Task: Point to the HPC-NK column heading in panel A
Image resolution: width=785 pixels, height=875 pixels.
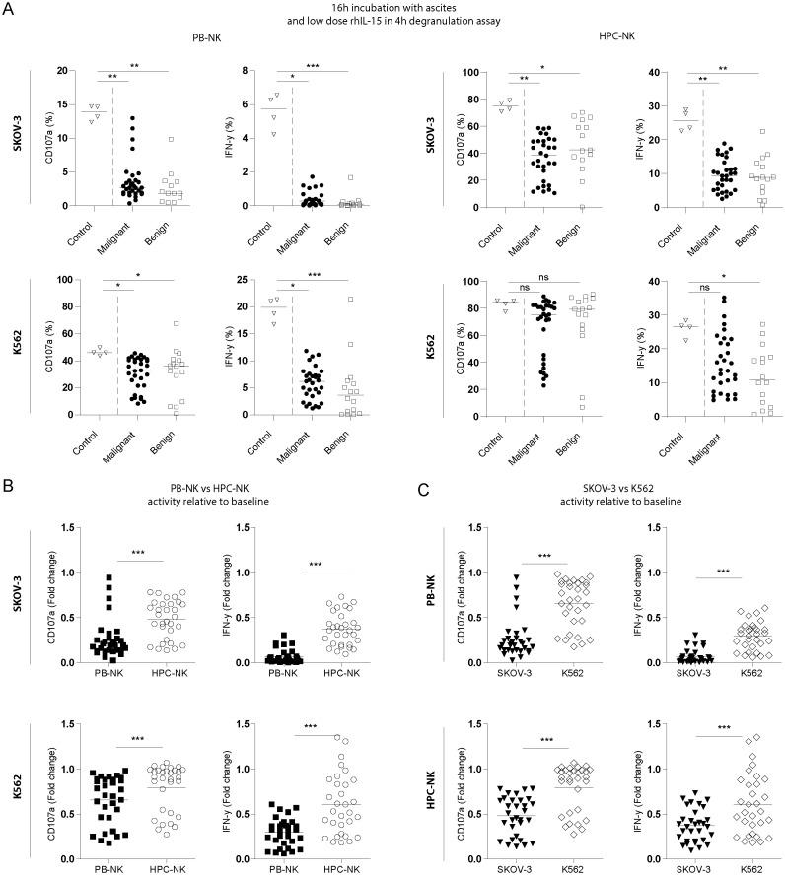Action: pyautogui.click(x=585, y=38)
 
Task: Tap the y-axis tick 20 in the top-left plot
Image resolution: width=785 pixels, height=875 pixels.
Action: pyautogui.click(x=63, y=71)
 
